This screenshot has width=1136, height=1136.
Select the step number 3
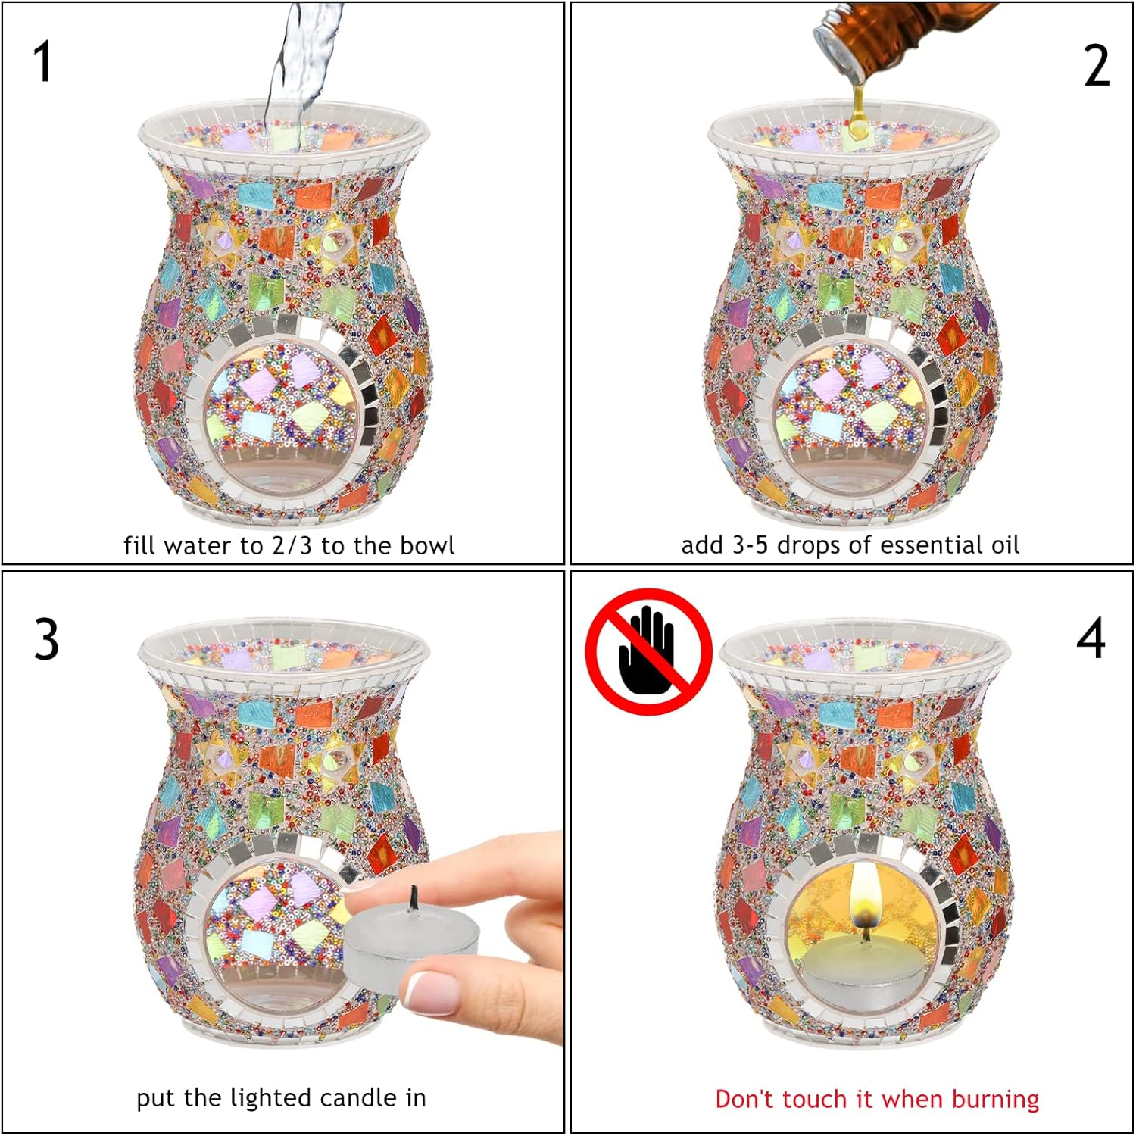pyautogui.click(x=46, y=638)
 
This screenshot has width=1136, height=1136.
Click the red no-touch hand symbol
pyautogui.click(x=648, y=651)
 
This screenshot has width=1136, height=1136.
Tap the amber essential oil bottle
pyautogui.click(x=901, y=38)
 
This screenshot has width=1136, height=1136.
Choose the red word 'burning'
pyautogui.click(x=995, y=1100)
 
